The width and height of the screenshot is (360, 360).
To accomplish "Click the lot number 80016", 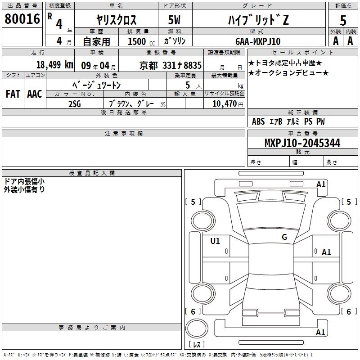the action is click(x=22, y=18).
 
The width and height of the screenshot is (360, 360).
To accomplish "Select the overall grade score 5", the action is click(x=343, y=20).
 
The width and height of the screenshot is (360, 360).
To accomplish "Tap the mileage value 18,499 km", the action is click(x=55, y=64).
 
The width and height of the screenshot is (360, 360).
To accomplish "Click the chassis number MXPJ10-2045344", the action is click(x=302, y=143).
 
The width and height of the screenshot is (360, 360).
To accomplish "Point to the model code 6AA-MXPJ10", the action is click(x=258, y=41).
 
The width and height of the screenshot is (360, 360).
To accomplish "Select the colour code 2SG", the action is click(x=75, y=104).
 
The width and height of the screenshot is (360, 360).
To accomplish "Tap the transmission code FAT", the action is click(x=13, y=94).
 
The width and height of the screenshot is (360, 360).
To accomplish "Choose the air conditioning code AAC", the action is click(x=35, y=94).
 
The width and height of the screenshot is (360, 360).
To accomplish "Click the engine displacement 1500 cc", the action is click(x=141, y=41).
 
